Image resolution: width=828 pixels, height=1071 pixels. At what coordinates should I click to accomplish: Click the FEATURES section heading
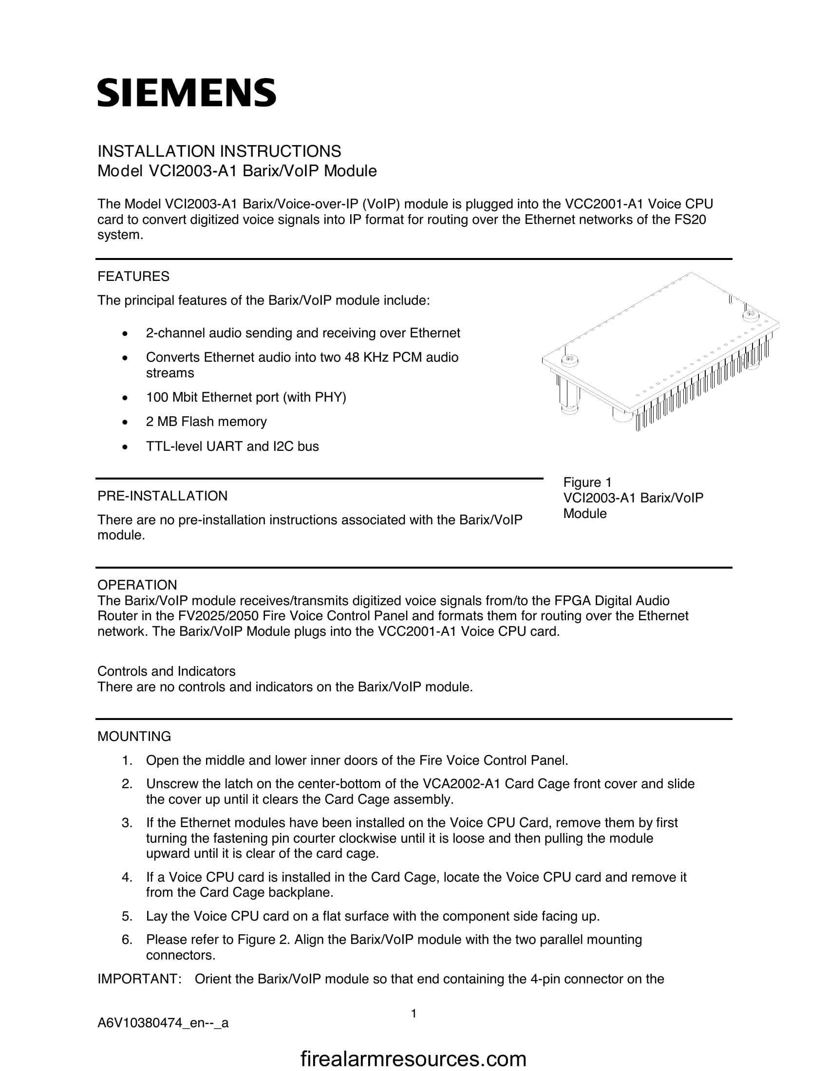(x=133, y=277)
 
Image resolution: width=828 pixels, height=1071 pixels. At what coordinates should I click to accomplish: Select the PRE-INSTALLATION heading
(x=162, y=496)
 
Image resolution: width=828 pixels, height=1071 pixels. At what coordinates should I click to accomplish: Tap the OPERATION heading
(x=137, y=585)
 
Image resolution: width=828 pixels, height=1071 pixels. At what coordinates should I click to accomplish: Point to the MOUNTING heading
(x=134, y=737)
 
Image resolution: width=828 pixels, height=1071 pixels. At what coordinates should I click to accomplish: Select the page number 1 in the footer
(x=414, y=1013)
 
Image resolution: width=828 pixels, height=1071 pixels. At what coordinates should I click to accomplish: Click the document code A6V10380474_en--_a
(x=163, y=1023)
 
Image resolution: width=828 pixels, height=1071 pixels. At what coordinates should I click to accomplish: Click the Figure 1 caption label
(x=587, y=482)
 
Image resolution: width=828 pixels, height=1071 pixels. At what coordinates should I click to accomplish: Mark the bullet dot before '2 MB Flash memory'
(x=126, y=422)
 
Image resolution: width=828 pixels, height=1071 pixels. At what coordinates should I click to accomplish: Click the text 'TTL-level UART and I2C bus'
(x=232, y=446)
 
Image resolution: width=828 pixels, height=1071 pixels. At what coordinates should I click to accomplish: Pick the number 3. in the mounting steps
(x=127, y=822)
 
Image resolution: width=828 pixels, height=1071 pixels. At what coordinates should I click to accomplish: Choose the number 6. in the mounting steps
(x=127, y=940)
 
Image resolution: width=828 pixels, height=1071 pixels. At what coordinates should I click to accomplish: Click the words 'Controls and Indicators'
(x=166, y=671)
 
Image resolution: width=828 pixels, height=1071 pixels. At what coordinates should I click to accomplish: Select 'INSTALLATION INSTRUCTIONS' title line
(x=219, y=151)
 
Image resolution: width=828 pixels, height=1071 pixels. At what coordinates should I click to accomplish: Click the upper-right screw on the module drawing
(x=751, y=314)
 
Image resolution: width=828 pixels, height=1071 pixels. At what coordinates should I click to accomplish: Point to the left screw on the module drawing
(x=569, y=359)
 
